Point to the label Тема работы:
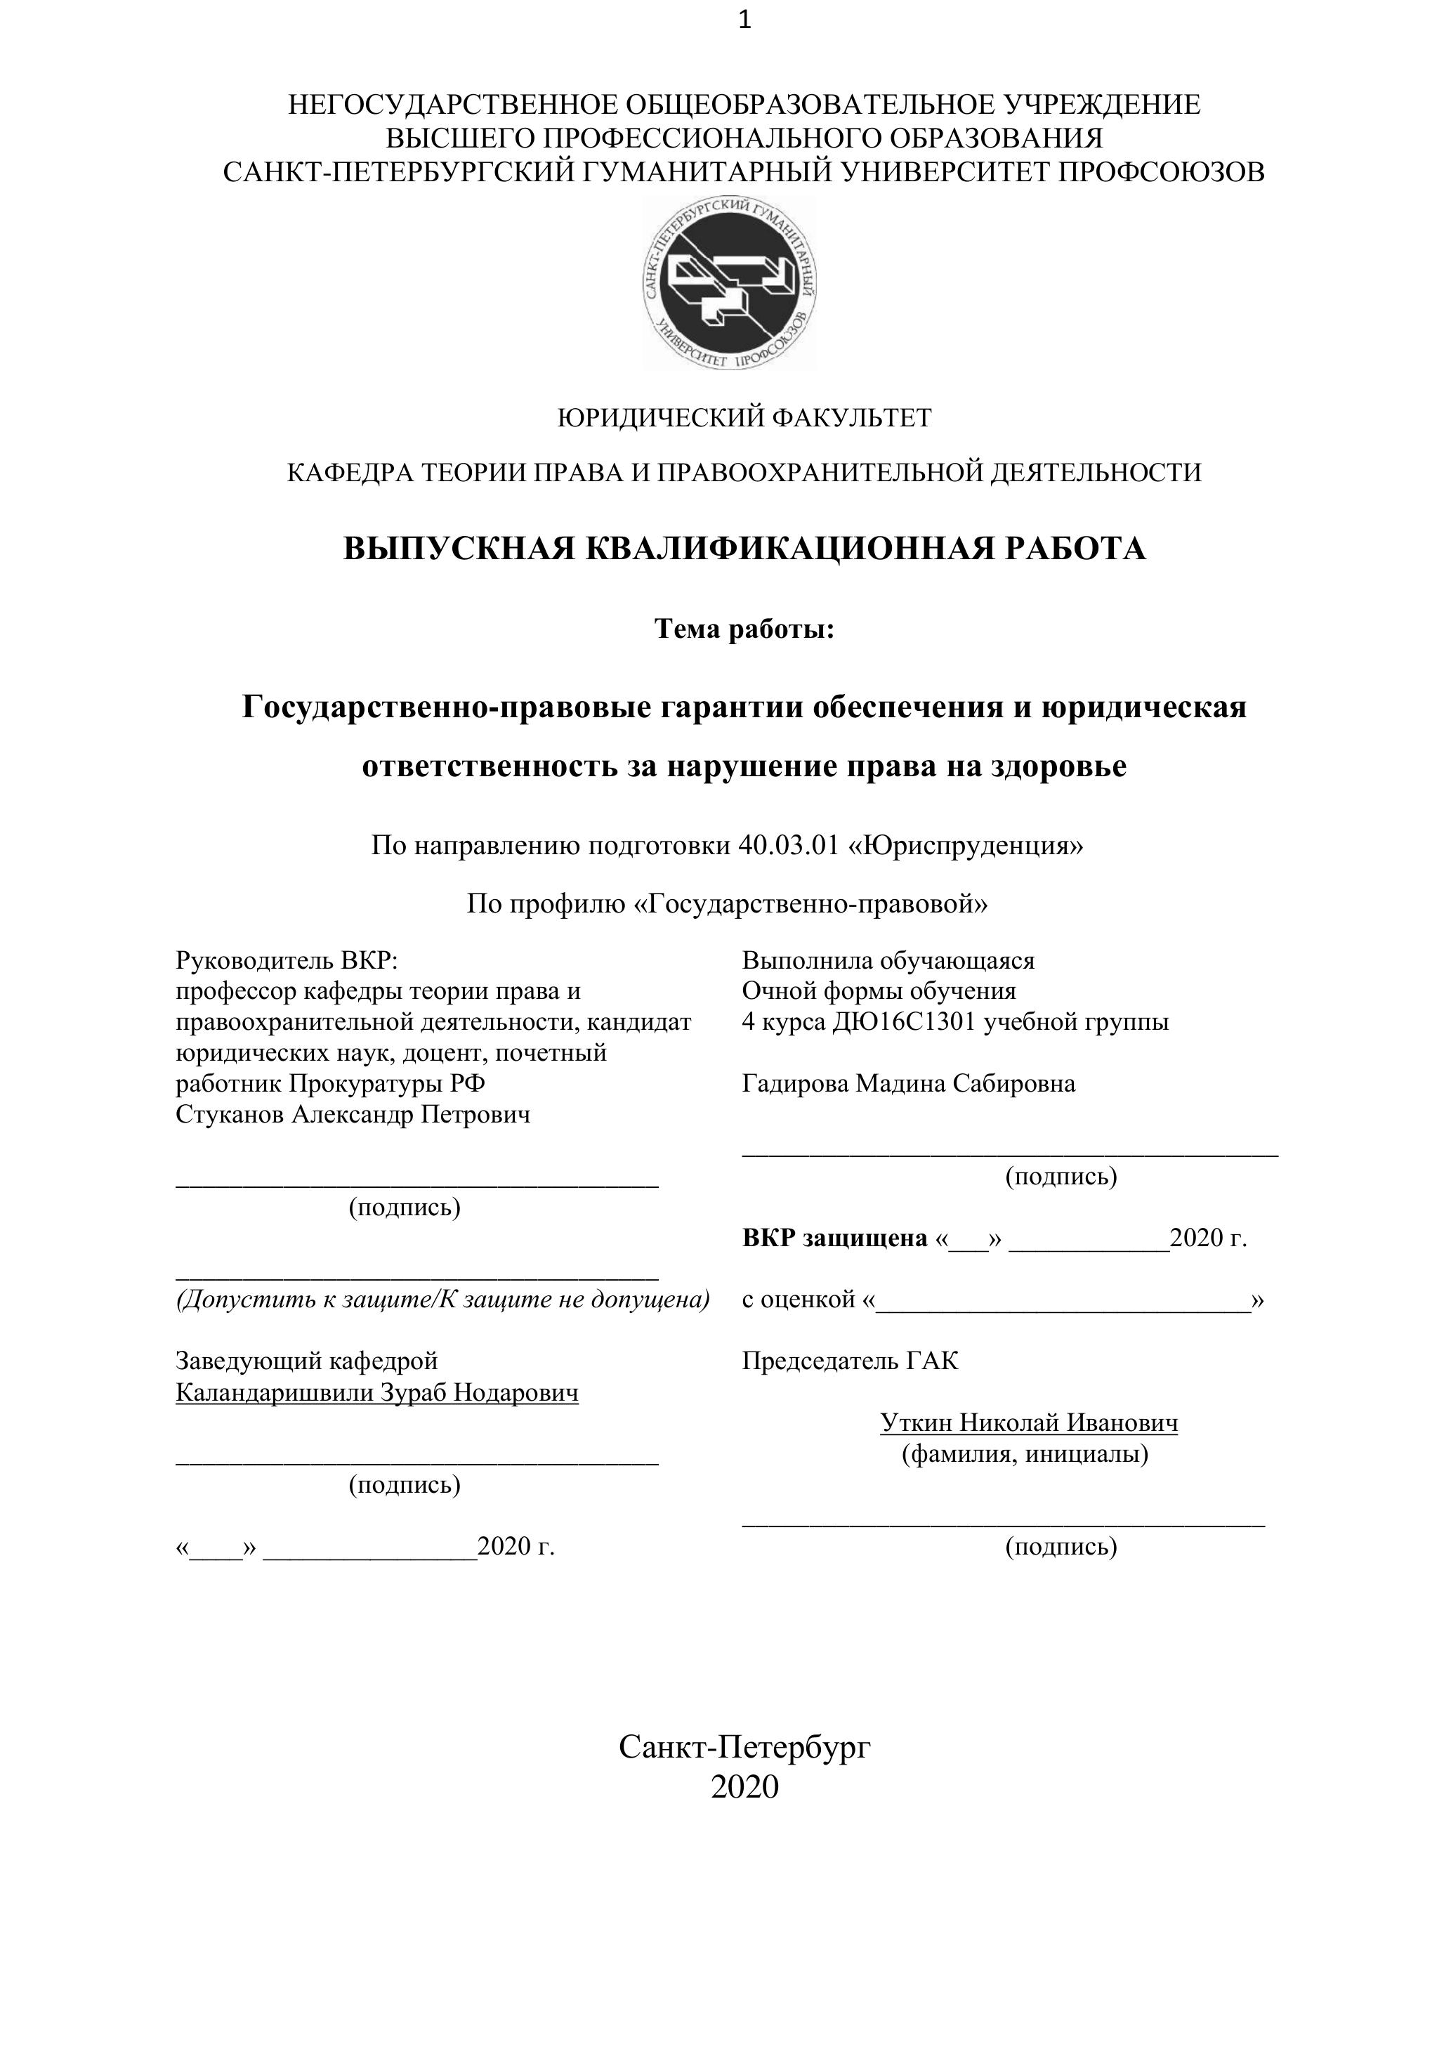pyautogui.click(x=744, y=630)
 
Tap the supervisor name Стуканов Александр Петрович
pyautogui.click(x=353, y=1115)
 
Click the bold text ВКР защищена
pyautogui.click(x=834, y=1238)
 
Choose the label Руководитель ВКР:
pyautogui.click(x=287, y=961)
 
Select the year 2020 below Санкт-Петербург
pyautogui.click(x=744, y=1786)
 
